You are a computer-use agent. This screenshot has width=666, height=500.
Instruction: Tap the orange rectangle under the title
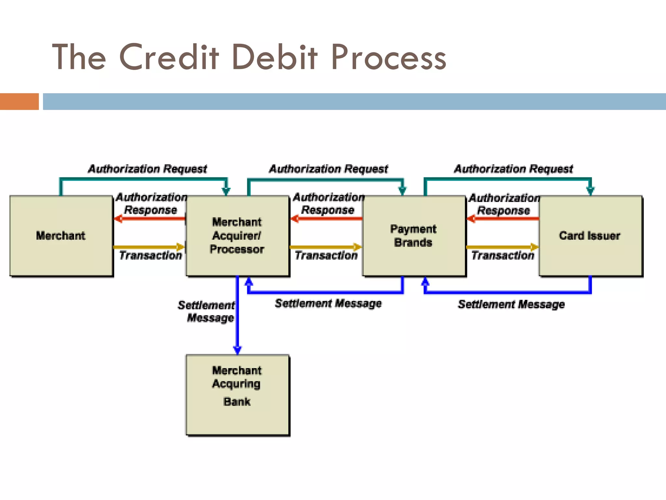[x=20, y=102]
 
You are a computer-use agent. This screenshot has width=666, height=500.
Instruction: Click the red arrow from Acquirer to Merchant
[x=150, y=218]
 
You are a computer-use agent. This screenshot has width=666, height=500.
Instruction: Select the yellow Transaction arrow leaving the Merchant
[x=148, y=247]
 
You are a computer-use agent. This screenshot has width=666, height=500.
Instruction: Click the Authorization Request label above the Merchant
[x=147, y=169]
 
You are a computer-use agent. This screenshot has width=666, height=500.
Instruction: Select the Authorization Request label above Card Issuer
[x=513, y=169]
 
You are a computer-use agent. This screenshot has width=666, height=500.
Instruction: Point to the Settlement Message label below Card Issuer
[x=511, y=304]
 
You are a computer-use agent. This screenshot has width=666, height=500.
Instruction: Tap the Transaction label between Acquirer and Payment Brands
[x=326, y=256]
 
